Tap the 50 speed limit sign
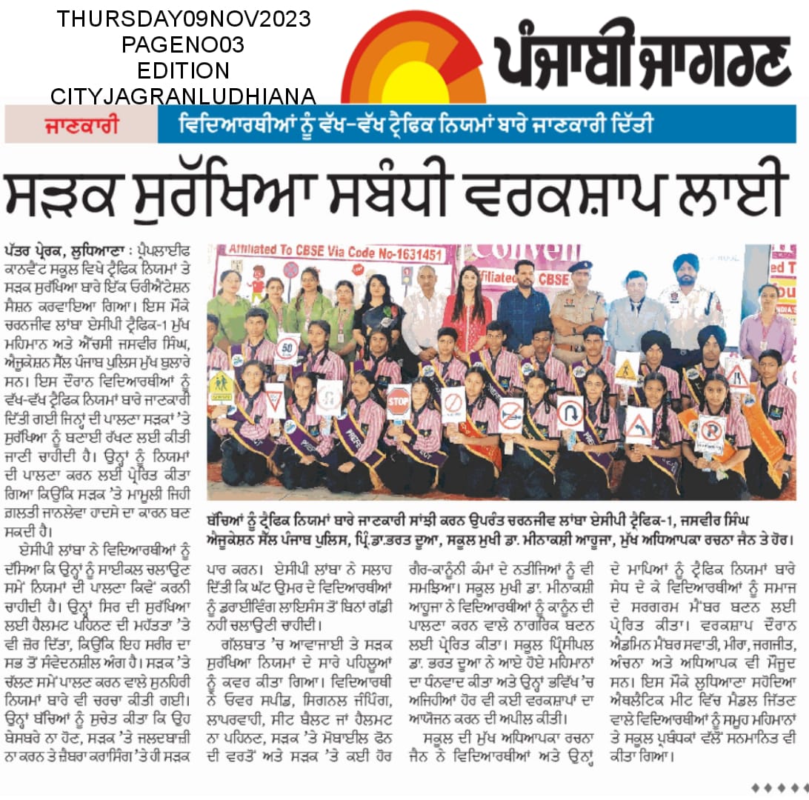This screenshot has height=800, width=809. [x=287, y=348]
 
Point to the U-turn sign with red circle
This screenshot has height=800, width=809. [x=570, y=411]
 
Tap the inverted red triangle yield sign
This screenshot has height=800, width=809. [x=275, y=399]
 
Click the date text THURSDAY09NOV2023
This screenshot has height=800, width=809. [x=184, y=19]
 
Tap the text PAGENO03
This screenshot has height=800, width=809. [x=184, y=44]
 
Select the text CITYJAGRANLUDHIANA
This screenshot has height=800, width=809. [x=184, y=96]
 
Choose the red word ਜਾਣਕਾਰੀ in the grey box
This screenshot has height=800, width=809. [x=81, y=124]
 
